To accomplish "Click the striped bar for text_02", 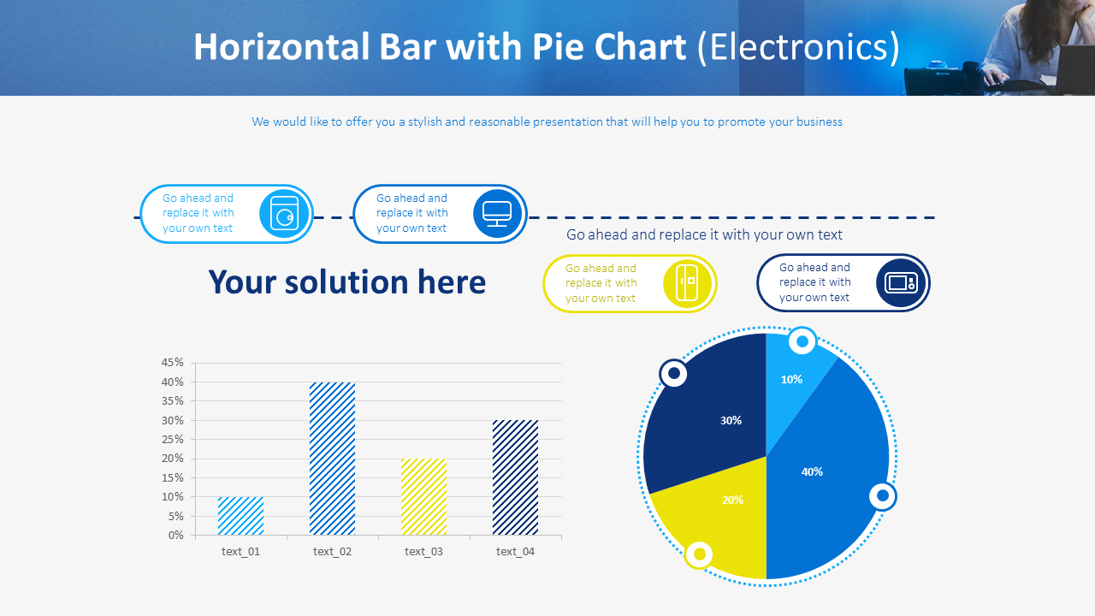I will [332, 459].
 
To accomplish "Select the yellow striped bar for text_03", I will [423, 497].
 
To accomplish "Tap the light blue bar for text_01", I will [240, 516].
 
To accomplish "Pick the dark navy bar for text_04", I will [515, 477].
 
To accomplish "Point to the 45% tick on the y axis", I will [173, 363].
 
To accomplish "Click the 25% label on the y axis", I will [173, 440].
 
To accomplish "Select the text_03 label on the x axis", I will [423, 552].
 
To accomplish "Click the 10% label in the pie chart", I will [791, 379].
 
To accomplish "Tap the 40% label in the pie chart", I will [812, 471].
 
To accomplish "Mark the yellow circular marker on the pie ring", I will [699, 554].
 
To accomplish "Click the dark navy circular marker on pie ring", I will [674, 373].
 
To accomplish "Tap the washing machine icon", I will [284, 214].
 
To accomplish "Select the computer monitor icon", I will [497, 213].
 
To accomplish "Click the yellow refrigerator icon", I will [688, 282].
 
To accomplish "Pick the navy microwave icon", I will [901, 282].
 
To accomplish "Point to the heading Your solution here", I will [346, 282].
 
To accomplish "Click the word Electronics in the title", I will [798, 47].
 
